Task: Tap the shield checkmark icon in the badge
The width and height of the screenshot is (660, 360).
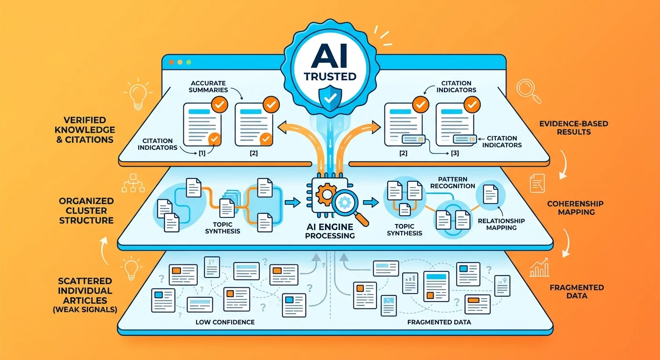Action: pyautogui.click(x=330, y=97)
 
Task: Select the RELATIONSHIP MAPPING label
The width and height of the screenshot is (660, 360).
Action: pyautogui.click(x=501, y=224)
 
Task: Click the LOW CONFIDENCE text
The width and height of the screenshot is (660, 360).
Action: pyautogui.click(x=225, y=322)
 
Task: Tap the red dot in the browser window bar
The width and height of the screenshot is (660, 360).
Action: pyautogui.click(x=171, y=62)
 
